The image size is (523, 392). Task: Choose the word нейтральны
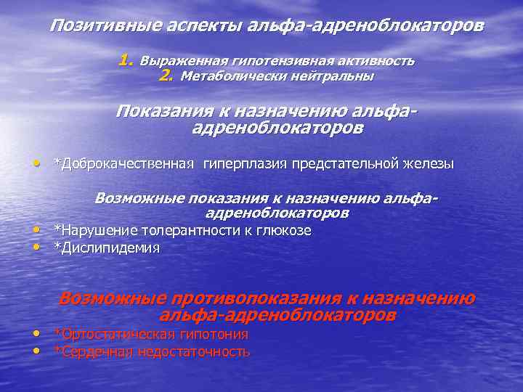331,76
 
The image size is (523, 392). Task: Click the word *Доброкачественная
123,163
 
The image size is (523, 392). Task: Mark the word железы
429,163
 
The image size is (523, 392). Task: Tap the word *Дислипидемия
107,248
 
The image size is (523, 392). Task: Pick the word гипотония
211,335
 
